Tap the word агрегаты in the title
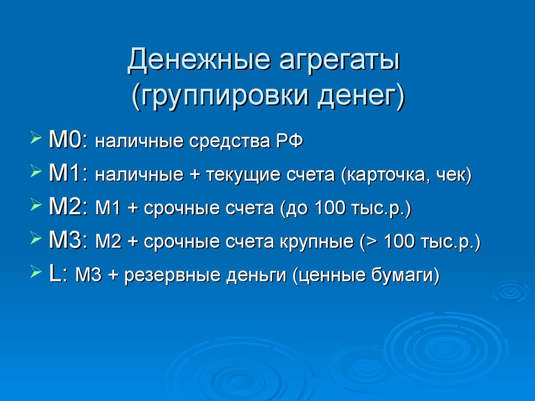pos(340,63)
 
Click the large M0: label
pos(68,140)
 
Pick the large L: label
pos(59,274)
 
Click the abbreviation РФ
pos(289,141)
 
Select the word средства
pos(230,142)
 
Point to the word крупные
pos(317,242)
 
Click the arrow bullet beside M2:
pos(36,205)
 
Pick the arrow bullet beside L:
pos(36,272)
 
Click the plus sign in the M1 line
pos(194,175)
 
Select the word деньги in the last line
pos(256,276)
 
